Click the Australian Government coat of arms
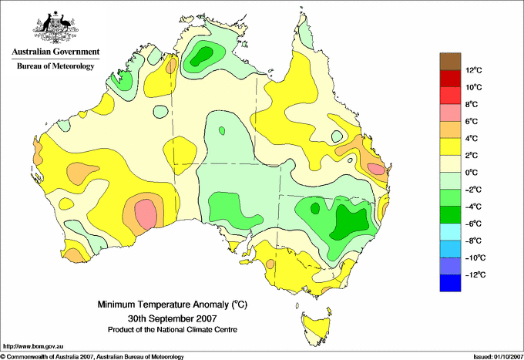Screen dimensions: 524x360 tap(55, 27)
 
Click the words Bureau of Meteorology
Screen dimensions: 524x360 tap(55, 66)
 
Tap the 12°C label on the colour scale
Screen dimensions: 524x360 tap(474, 70)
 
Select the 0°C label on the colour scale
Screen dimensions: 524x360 tap(471, 173)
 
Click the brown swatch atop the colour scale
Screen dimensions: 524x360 tap(450, 62)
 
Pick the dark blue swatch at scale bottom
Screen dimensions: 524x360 tap(450, 283)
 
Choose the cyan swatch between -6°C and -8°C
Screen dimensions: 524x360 tap(450, 232)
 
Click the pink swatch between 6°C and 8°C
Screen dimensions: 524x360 tap(450, 113)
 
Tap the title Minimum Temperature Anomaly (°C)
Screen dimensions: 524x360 tap(173, 304)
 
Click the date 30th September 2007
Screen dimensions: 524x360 tap(173, 318)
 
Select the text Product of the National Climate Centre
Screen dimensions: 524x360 tap(173, 330)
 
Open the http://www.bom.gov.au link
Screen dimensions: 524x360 tap(33, 347)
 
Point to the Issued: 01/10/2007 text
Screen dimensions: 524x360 tap(498, 357)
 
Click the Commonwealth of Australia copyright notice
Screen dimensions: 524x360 tap(92, 357)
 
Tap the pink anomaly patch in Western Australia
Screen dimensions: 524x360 tap(146, 214)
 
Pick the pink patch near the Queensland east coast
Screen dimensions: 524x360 tap(376, 169)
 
